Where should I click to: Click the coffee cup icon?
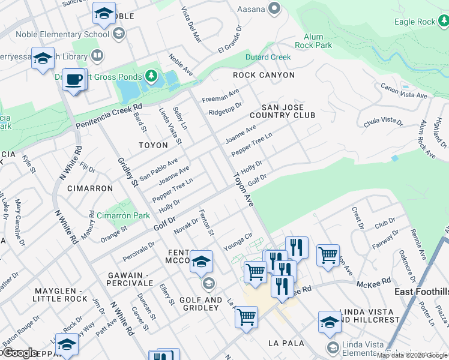point(74,79)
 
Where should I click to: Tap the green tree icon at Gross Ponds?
point(152,76)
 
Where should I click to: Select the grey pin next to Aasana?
point(275,8)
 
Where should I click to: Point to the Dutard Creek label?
point(268,58)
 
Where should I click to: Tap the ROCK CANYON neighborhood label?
point(264,75)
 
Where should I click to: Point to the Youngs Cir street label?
point(238,242)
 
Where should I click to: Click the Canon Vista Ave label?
point(404,91)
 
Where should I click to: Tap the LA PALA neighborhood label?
point(286,343)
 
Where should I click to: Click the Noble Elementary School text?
point(62,34)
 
